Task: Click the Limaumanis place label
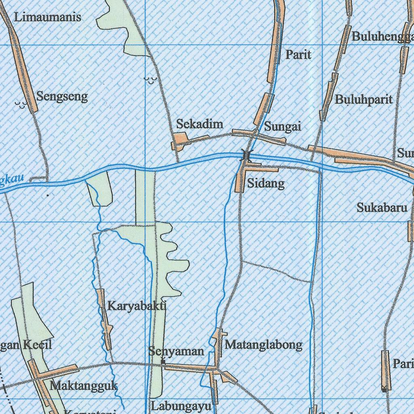(47, 17)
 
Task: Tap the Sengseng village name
(62, 97)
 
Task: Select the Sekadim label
(200, 124)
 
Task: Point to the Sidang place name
(266, 184)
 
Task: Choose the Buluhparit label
(364, 99)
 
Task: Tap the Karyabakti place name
(137, 306)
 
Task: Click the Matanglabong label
(264, 345)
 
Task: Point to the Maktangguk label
(84, 385)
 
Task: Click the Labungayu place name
(181, 406)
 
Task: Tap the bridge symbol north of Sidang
(246, 154)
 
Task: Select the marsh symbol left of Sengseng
(21, 105)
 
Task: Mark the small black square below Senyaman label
(163, 362)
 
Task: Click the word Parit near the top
(298, 55)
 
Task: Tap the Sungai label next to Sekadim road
(283, 127)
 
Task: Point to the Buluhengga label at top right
(382, 36)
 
